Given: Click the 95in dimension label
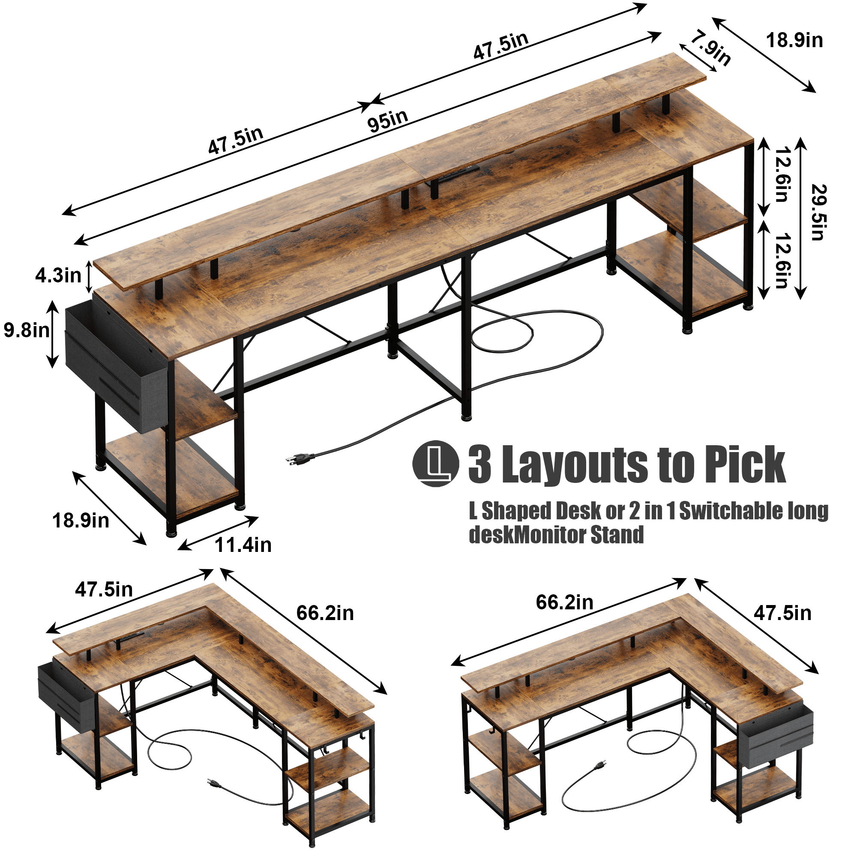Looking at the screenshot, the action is pos(388,120).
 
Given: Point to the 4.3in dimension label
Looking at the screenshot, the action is pos(58,276).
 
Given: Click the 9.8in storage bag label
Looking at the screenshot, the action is pos(27,330).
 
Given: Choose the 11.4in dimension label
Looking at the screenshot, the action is pos(243,545).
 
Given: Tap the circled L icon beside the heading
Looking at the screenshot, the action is pos(436,464).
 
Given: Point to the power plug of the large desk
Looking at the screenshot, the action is pos(300,458).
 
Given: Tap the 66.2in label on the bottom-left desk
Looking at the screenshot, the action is pos(325,614).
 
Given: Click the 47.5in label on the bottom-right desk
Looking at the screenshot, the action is pos(782,614).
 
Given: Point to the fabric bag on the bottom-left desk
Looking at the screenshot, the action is pos(66,698).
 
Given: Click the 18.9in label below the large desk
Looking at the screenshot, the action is pos(81,521).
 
